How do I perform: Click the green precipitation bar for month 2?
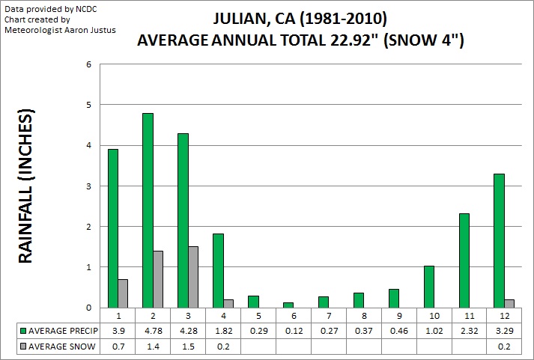click(148, 210)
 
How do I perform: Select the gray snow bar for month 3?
click(193, 277)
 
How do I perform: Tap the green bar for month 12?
click(498, 240)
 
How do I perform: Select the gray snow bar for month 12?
click(509, 303)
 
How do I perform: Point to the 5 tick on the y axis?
click(88, 105)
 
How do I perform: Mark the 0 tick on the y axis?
click(88, 307)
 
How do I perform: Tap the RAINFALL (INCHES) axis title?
click(27, 187)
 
